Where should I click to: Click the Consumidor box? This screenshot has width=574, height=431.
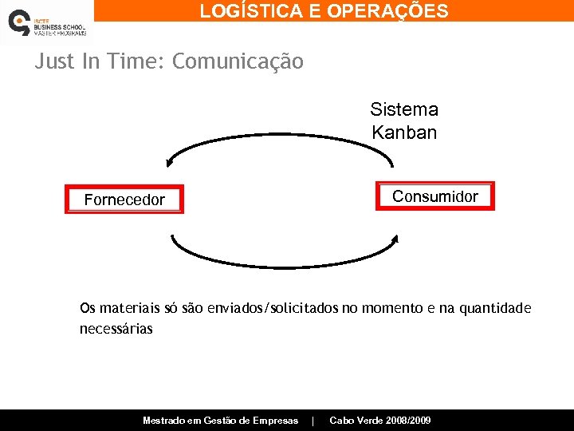point(435,196)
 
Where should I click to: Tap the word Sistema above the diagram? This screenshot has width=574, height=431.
point(404,109)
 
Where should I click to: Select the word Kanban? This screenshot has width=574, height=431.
point(404,132)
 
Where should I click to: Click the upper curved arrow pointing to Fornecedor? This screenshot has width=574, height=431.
point(279,136)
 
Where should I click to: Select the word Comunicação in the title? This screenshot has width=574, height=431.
point(238,61)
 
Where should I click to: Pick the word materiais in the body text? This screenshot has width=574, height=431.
point(132,309)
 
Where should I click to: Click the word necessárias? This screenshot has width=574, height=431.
point(116,328)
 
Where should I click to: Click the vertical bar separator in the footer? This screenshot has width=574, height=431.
point(313,421)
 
